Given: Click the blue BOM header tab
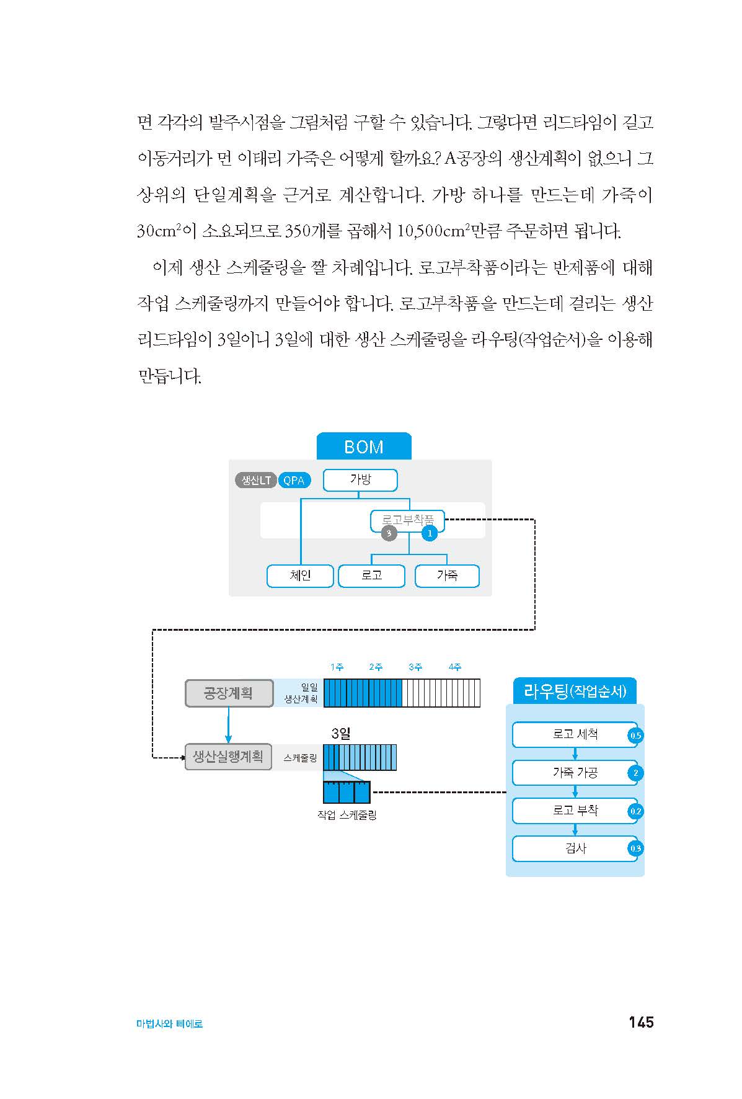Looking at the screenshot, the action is pyautogui.click(x=364, y=446).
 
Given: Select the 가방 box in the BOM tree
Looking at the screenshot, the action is pyautogui.click(x=360, y=480).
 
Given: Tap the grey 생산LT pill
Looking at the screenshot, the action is pyautogui.click(x=255, y=480).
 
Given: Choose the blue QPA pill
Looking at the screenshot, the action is pyautogui.click(x=294, y=480).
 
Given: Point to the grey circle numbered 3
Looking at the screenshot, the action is pyautogui.click(x=389, y=533).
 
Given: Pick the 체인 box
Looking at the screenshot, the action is pyautogui.click(x=300, y=576).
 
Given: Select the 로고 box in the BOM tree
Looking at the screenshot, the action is pyautogui.click(x=371, y=576).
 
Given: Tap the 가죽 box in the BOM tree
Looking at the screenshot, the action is pyautogui.click(x=447, y=576).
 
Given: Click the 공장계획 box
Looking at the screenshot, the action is pyautogui.click(x=229, y=693).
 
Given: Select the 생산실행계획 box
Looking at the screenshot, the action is pyautogui.click(x=228, y=757).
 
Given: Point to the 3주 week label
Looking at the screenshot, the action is pyautogui.click(x=415, y=667).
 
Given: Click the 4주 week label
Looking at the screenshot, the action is pyautogui.click(x=455, y=667).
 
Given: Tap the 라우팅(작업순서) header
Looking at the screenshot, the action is pyautogui.click(x=575, y=691).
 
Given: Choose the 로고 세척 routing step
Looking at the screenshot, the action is pyautogui.click(x=575, y=735).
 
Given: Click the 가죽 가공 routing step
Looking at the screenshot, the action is pyautogui.click(x=575, y=773).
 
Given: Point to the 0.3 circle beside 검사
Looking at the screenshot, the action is pyautogui.click(x=635, y=848).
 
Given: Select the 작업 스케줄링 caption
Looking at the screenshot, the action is pyautogui.click(x=347, y=815).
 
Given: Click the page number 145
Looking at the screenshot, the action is pyautogui.click(x=641, y=1022).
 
